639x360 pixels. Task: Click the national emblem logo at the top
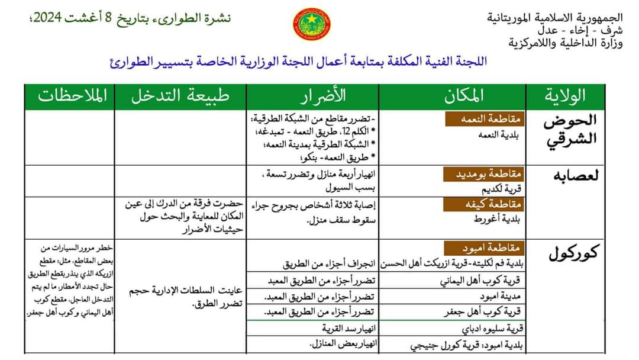tap(312, 24)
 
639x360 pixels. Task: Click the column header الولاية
tap(567, 96)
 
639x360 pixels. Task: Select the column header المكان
tap(462, 96)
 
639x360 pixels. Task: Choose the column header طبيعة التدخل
tap(180, 96)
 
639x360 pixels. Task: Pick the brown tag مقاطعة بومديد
tap(481, 173)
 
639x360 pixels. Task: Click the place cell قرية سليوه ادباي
tap(490, 327)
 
